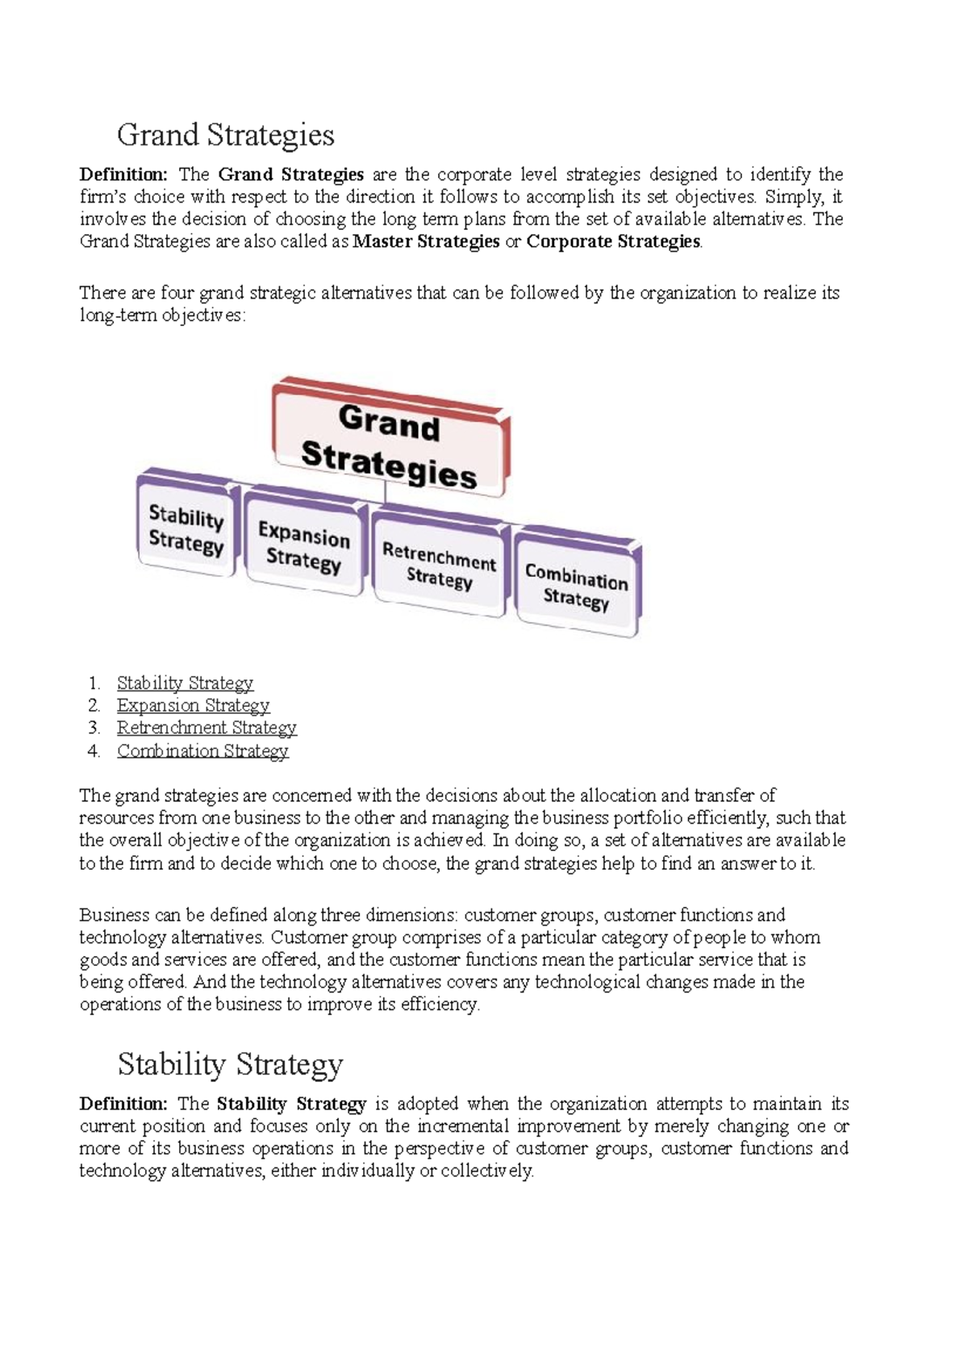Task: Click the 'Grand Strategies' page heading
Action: [225, 135]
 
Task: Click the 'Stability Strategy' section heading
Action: [230, 1064]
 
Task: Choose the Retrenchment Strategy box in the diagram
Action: [439, 566]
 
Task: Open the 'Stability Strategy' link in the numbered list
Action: [185, 683]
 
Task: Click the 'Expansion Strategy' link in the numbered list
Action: [193, 705]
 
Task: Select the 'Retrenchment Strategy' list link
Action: [207, 728]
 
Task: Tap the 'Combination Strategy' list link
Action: [202, 750]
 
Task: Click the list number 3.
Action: [94, 728]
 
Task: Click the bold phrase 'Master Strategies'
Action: [426, 241]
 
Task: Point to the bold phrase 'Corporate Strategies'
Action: [613, 241]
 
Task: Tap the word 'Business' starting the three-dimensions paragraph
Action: [114, 915]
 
